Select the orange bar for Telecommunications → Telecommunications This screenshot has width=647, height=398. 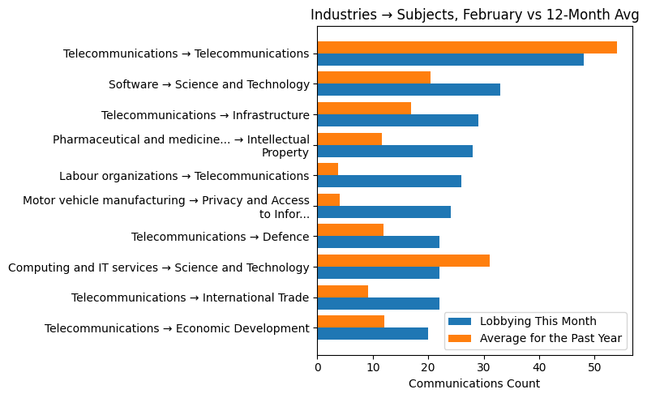(x=466, y=47)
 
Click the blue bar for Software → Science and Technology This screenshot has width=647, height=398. (x=408, y=90)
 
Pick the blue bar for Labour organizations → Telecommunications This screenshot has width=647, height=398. (x=388, y=182)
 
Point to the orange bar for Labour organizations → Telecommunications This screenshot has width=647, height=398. (x=328, y=169)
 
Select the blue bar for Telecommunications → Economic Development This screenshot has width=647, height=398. (x=372, y=334)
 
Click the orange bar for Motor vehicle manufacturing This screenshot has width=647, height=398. (x=328, y=199)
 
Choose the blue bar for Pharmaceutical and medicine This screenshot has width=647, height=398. (x=394, y=152)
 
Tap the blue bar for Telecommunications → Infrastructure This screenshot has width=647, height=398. (x=397, y=121)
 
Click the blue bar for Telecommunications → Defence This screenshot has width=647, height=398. (x=378, y=242)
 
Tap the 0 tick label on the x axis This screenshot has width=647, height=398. (x=317, y=366)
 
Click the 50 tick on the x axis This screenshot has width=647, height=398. (x=594, y=366)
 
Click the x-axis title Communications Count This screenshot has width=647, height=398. (x=474, y=383)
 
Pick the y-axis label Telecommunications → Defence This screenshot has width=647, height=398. (x=220, y=237)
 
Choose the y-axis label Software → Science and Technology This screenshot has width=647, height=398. (x=208, y=84)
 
